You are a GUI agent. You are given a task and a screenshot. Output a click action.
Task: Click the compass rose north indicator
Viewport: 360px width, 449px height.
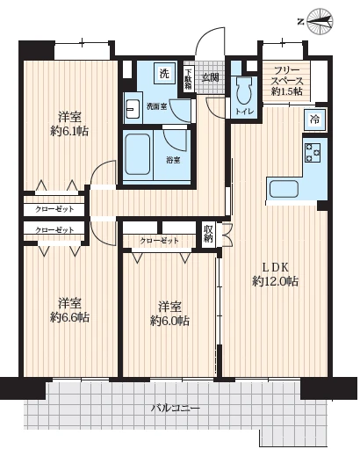click(320, 21)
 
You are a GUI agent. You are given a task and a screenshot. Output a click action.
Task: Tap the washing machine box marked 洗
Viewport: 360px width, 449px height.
click(164, 74)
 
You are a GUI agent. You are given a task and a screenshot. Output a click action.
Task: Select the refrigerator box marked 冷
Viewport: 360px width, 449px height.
click(314, 119)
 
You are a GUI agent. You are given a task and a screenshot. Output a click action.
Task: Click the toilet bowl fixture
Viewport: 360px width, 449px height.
click(245, 91)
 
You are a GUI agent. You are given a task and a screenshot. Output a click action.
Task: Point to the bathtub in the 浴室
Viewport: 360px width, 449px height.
click(137, 154)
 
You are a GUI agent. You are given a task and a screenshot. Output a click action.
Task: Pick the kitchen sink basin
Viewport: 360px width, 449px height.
click(284, 189)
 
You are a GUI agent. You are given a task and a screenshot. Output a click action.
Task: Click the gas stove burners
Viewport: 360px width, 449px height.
click(313, 152)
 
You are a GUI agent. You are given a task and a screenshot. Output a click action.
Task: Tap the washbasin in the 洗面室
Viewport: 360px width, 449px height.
click(133, 109)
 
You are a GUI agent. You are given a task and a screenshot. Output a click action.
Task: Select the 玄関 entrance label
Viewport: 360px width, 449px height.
click(211, 77)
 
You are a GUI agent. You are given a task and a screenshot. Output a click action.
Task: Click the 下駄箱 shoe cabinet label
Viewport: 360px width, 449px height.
click(188, 78)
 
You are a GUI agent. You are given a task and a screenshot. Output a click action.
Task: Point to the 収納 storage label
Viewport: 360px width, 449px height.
click(208, 234)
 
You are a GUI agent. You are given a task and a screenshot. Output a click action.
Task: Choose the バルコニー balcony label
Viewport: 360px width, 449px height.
click(176, 408)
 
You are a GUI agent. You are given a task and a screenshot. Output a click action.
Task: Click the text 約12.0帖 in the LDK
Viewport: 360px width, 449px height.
click(275, 282)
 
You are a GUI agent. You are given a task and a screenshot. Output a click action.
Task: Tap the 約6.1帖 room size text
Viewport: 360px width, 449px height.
click(69, 132)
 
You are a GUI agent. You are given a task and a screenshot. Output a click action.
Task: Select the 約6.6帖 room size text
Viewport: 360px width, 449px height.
click(69, 317)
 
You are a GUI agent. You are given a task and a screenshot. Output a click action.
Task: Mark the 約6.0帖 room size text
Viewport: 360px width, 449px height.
click(170, 321)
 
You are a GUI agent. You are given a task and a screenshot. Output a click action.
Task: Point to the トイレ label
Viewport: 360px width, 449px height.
click(245, 112)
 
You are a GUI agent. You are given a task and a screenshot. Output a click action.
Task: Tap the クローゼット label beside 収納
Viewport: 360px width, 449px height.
click(159, 241)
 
